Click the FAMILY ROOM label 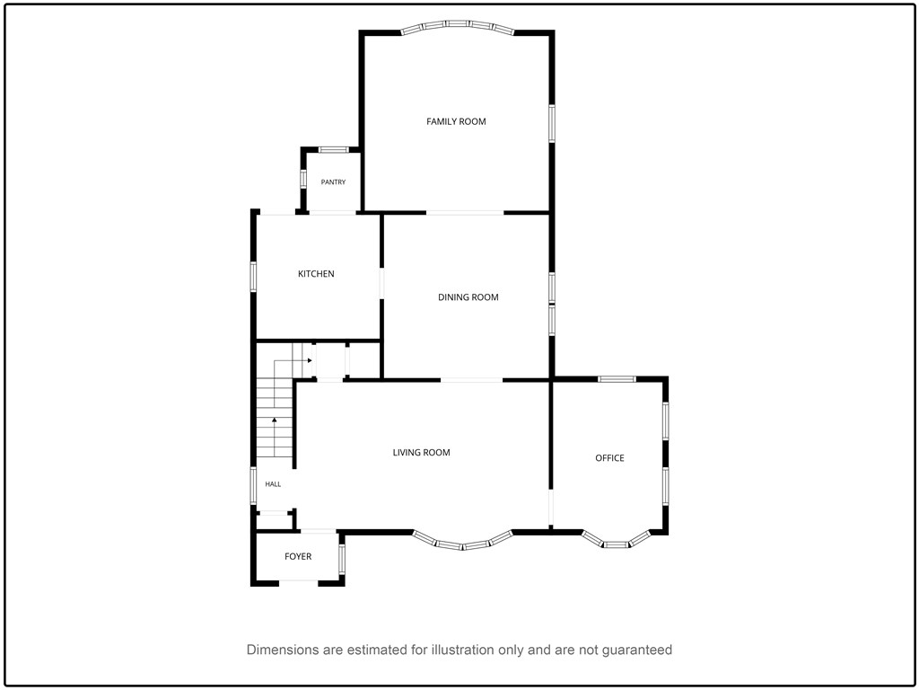(x=456, y=121)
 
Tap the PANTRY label (x=333, y=181)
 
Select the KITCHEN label (x=316, y=273)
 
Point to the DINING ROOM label (x=468, y=296)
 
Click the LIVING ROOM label (x=422, y=453)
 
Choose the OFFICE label (x=609, y=457)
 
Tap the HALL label (x=273, y=484)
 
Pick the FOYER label (x=298, y=556)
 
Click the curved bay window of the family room (x=458, y=24)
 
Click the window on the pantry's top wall (x=334, y=150)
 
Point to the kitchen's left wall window (x=254, y=277)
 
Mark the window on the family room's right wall (x=552, y=123)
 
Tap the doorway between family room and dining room (x=465, y=212)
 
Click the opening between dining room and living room (x=472, y=380)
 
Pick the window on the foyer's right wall (x=342, y=559)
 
